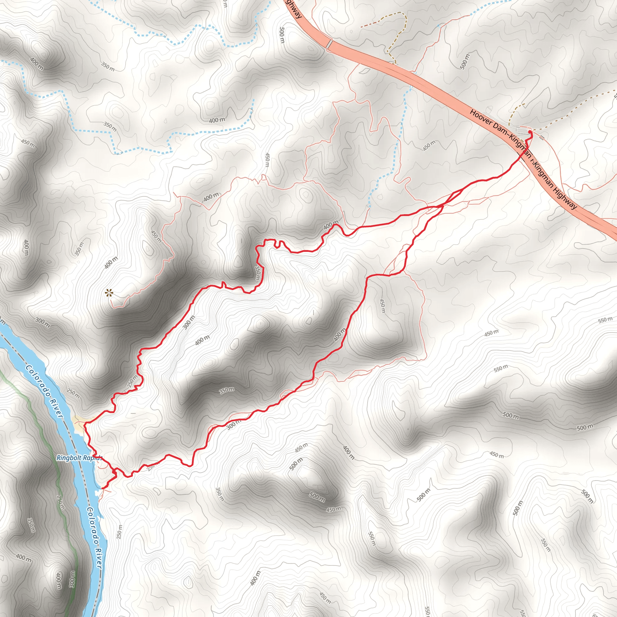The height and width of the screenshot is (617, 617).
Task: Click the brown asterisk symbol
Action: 109,293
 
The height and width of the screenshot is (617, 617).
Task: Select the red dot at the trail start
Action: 530,132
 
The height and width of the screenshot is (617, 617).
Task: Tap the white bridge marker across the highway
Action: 329,44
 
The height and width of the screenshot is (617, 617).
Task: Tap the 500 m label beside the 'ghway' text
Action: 282,35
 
